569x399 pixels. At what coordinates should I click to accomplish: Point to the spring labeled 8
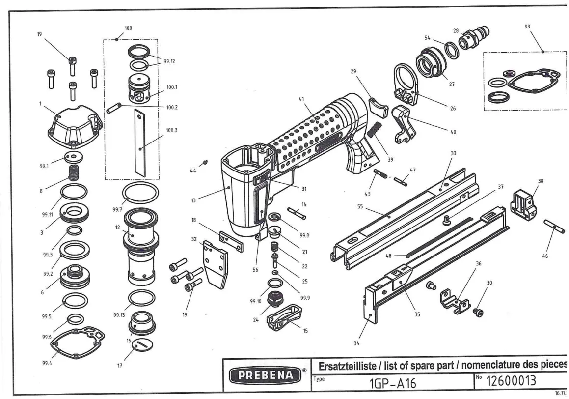pyautogui.click(x=73, y=173)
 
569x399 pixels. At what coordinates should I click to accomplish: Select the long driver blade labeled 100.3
pyautogui.click(x=141, y=142)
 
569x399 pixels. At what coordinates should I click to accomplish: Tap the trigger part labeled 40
pyautogui.click(x=406, y=126)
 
